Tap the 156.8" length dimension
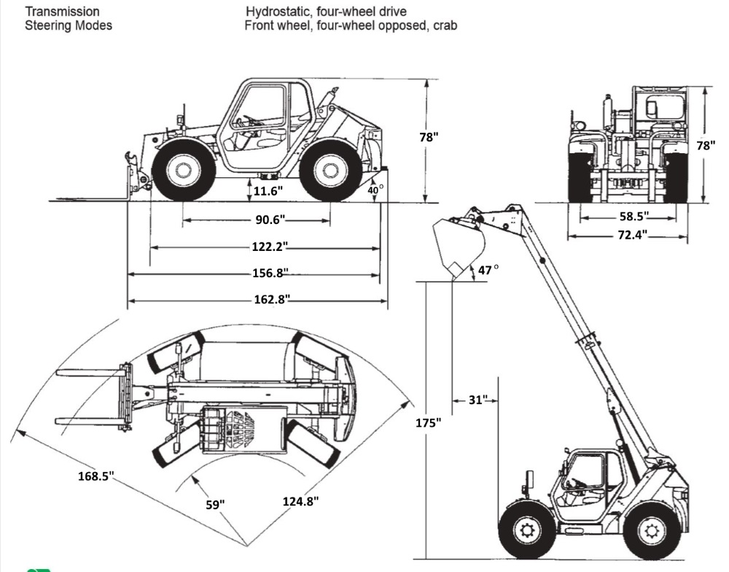click(270, 273)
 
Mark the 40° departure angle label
click(374, 190)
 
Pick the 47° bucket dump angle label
click(488, 270)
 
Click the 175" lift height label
click(430, 423)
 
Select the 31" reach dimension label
click(476, 400)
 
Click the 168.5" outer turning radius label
click(97, 476)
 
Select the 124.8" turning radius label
click(300, 501)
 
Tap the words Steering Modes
click(69, 26)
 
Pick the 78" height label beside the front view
click(705, 145)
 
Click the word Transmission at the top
click(63, 12)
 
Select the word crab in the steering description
click(444, 26)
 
